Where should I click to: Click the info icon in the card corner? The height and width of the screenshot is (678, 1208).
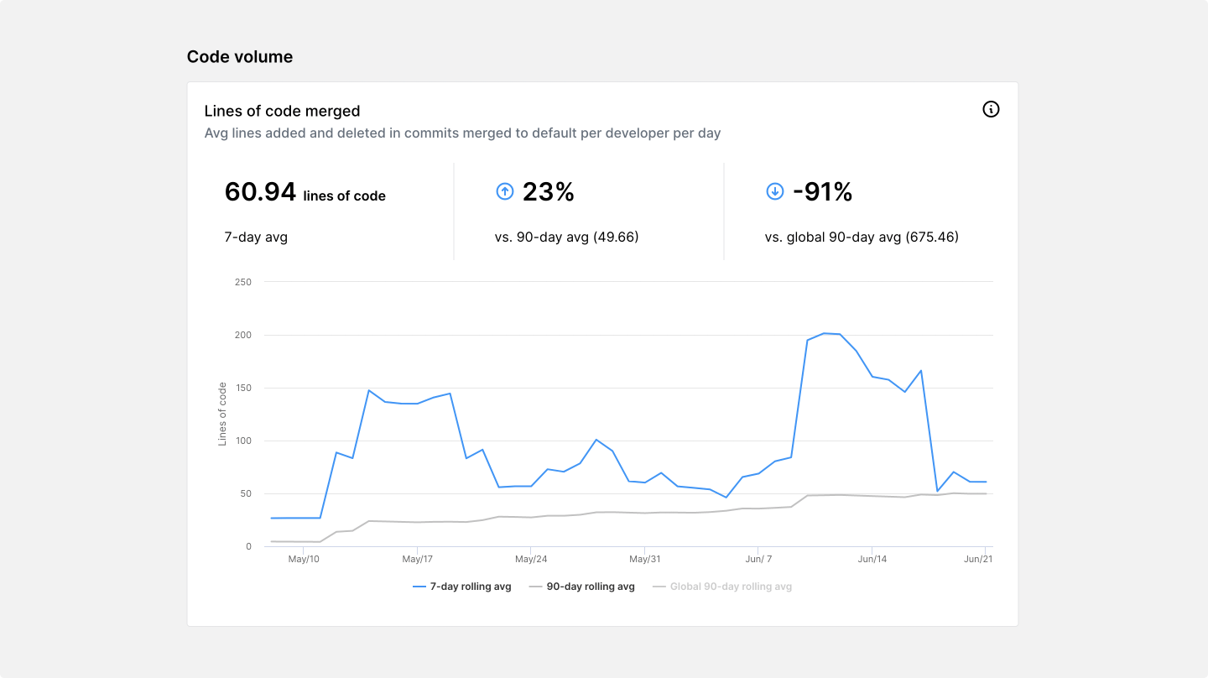(x=991, y=109)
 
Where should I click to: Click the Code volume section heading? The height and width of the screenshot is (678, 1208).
(x=240, y=57)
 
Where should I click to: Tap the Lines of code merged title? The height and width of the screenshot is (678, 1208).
(x=282, y=111)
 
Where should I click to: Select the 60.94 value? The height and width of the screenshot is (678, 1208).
(x=260, y=192)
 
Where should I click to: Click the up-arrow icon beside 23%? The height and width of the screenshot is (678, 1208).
(x=504, y=192)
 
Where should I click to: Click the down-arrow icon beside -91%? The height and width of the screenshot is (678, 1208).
(x=774, y=192)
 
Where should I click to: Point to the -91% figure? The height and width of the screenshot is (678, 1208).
(x=822, y=192)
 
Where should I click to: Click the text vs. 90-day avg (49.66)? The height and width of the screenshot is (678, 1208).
(x=566, y=237)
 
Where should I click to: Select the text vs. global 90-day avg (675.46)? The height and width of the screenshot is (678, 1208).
(x=861, y=237)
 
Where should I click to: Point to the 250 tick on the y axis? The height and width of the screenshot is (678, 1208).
(x=243, y=282)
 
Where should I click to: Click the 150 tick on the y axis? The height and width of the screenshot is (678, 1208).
(x=243, y=388)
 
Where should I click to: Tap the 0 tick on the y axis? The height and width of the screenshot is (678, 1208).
(x=247, y=546)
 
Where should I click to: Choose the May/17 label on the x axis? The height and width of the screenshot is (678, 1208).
(x=417, y=559)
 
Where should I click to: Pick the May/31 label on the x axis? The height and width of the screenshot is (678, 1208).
(x=644, y=559)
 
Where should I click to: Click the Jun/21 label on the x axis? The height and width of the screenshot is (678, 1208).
(x=978, y=559)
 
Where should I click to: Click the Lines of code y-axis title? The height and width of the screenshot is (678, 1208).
(x=222, y=414)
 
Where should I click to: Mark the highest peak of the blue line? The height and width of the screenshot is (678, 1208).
(x=824, y=333)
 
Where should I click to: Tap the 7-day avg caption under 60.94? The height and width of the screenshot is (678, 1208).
(x=256, y=237)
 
